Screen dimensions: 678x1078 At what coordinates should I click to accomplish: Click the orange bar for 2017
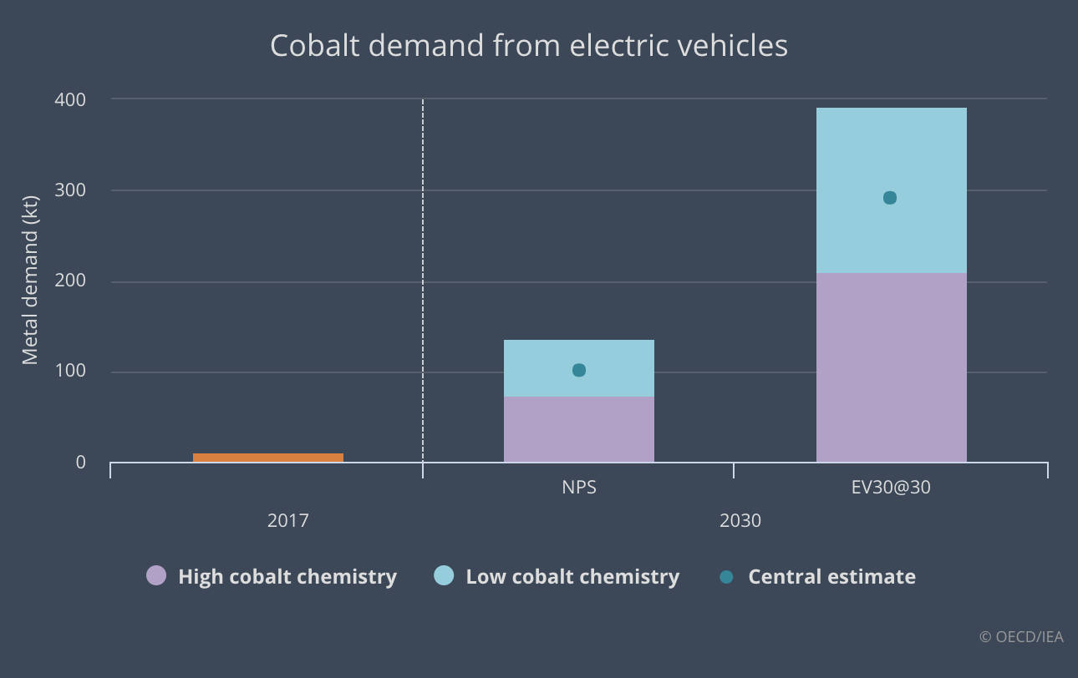pyautogui.click(x=267, y=458)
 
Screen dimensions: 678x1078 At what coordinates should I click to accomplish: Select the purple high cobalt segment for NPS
pyautogui.click(x=578, y=429)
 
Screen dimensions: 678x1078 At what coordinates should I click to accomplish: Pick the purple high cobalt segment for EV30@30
pyautogui.click(x=891, y=367)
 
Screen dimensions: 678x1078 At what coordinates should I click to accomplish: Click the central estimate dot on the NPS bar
pyautogui.click(x=579, y=370)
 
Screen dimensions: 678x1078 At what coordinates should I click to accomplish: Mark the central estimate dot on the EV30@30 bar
pyautogui.click(x=890, y=198)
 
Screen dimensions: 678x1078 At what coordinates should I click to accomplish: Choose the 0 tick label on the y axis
pyautogui.click(x=80, y=462)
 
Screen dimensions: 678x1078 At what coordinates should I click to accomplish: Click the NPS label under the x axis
pyautogui.click(x=578, y=488)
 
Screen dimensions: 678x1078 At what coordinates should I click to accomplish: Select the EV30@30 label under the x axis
pyautogui.click(x=889, y=488)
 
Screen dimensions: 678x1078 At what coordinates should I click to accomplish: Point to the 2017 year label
pyautogui.click(x=288, y=521)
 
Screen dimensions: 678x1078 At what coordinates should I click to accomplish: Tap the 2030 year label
pyautogui.click(x=740, y=521)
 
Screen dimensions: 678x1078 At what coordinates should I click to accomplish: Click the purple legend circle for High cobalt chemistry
pyautogui.click(x=156, y=575)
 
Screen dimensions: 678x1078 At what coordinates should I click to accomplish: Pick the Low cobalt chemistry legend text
pyautogui.click(x=572, y=576)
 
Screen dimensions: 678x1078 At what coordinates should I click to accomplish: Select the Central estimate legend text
pyautogui.click(x=831, y=576)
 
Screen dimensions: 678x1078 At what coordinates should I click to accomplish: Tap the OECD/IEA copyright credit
pyautogui.click(x=1021, y=636)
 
